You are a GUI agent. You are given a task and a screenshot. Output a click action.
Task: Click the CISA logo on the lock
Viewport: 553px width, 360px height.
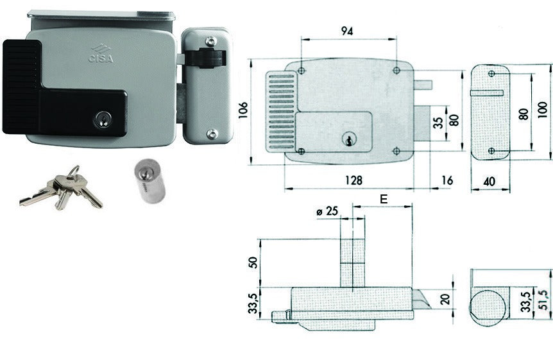(101, 54)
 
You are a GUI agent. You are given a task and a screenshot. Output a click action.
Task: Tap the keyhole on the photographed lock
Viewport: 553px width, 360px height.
(102, 119)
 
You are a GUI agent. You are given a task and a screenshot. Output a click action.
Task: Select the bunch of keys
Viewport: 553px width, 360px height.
(62, 188)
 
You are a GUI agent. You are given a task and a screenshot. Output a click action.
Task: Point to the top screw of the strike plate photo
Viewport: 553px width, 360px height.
(210, 40)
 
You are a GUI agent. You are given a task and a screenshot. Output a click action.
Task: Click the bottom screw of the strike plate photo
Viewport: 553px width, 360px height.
(212, 133)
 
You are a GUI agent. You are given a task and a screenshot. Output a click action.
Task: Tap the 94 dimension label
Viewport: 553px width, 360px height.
(347, 31)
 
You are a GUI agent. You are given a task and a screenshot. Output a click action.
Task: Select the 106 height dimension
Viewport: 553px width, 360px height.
(244, 110)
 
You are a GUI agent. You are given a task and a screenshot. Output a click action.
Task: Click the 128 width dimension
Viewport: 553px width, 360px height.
(354, 180)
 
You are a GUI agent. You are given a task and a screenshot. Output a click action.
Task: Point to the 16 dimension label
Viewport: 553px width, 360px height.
(447, 180)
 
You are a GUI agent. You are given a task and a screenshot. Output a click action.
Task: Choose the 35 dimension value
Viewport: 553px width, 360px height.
(438, 123)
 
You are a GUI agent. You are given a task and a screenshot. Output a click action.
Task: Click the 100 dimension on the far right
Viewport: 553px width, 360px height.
(543, 110)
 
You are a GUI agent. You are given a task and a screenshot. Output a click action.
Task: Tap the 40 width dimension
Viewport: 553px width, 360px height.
(489, 182)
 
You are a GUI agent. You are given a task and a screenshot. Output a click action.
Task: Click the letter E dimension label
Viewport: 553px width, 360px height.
(384, 200)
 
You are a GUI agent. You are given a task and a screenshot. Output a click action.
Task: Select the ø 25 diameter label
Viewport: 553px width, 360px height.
(327, 211)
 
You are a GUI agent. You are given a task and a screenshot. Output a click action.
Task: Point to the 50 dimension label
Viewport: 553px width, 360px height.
(253, 262)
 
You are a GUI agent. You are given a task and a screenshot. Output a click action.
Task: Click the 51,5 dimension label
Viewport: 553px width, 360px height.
(543, 300)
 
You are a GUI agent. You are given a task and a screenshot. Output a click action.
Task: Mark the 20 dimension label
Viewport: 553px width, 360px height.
(446, 299)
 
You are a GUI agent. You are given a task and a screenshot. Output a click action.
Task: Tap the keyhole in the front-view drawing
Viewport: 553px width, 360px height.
(349, 139)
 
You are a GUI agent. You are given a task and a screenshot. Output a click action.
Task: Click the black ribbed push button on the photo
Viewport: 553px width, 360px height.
(22, 87)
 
